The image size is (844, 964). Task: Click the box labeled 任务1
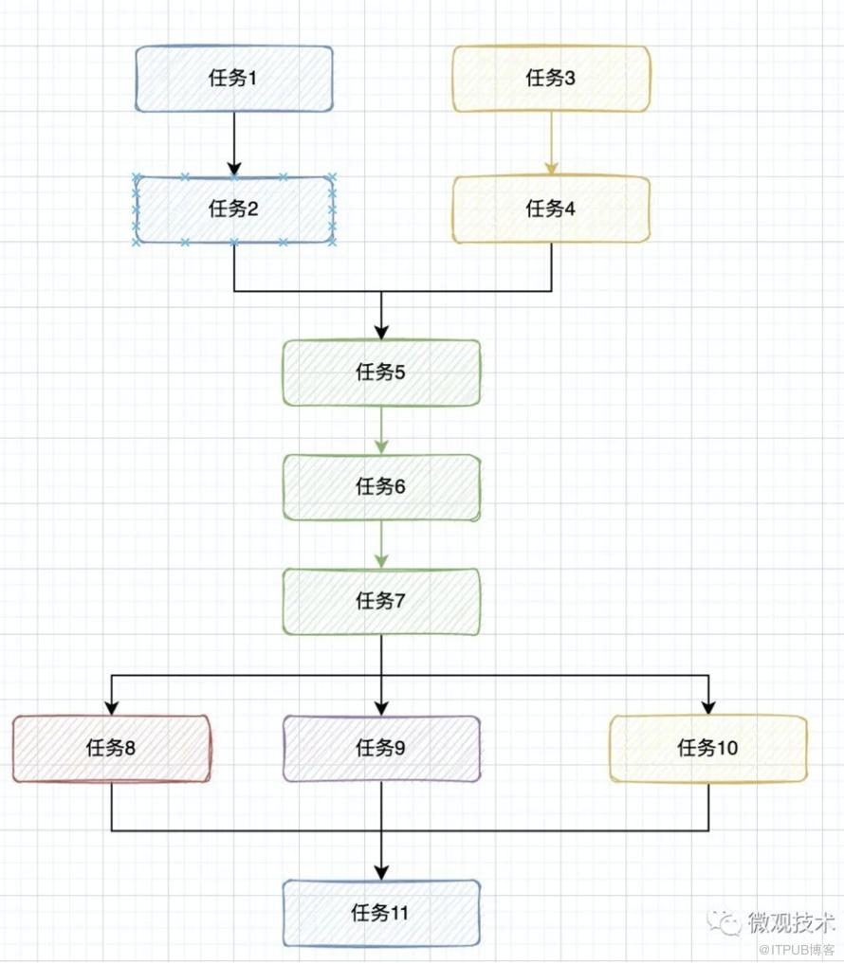(234, 79)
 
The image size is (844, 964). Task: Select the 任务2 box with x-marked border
(234, 209)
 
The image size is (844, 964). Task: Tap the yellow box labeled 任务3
(551, 79)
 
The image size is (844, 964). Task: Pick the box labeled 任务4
(551, 209)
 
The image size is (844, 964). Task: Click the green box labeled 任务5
(381, 373)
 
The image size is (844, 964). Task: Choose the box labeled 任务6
(381, 487)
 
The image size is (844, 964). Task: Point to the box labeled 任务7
(381, 601)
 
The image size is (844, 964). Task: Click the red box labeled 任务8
(112, 749)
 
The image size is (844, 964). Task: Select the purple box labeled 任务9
(381, 749)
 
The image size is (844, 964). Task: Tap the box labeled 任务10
(707, 749)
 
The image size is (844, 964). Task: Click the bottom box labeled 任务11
(381, 914)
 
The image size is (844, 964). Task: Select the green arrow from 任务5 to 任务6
(381, 430)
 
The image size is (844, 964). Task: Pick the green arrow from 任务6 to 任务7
(381, 544)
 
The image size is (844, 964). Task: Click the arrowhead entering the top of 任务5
(381, 332)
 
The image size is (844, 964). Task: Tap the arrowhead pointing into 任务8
(112, 707)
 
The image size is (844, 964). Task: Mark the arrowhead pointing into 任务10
(707, 707)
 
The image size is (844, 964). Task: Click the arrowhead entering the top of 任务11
(381, 871)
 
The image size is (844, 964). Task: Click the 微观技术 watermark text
(791, 920)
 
